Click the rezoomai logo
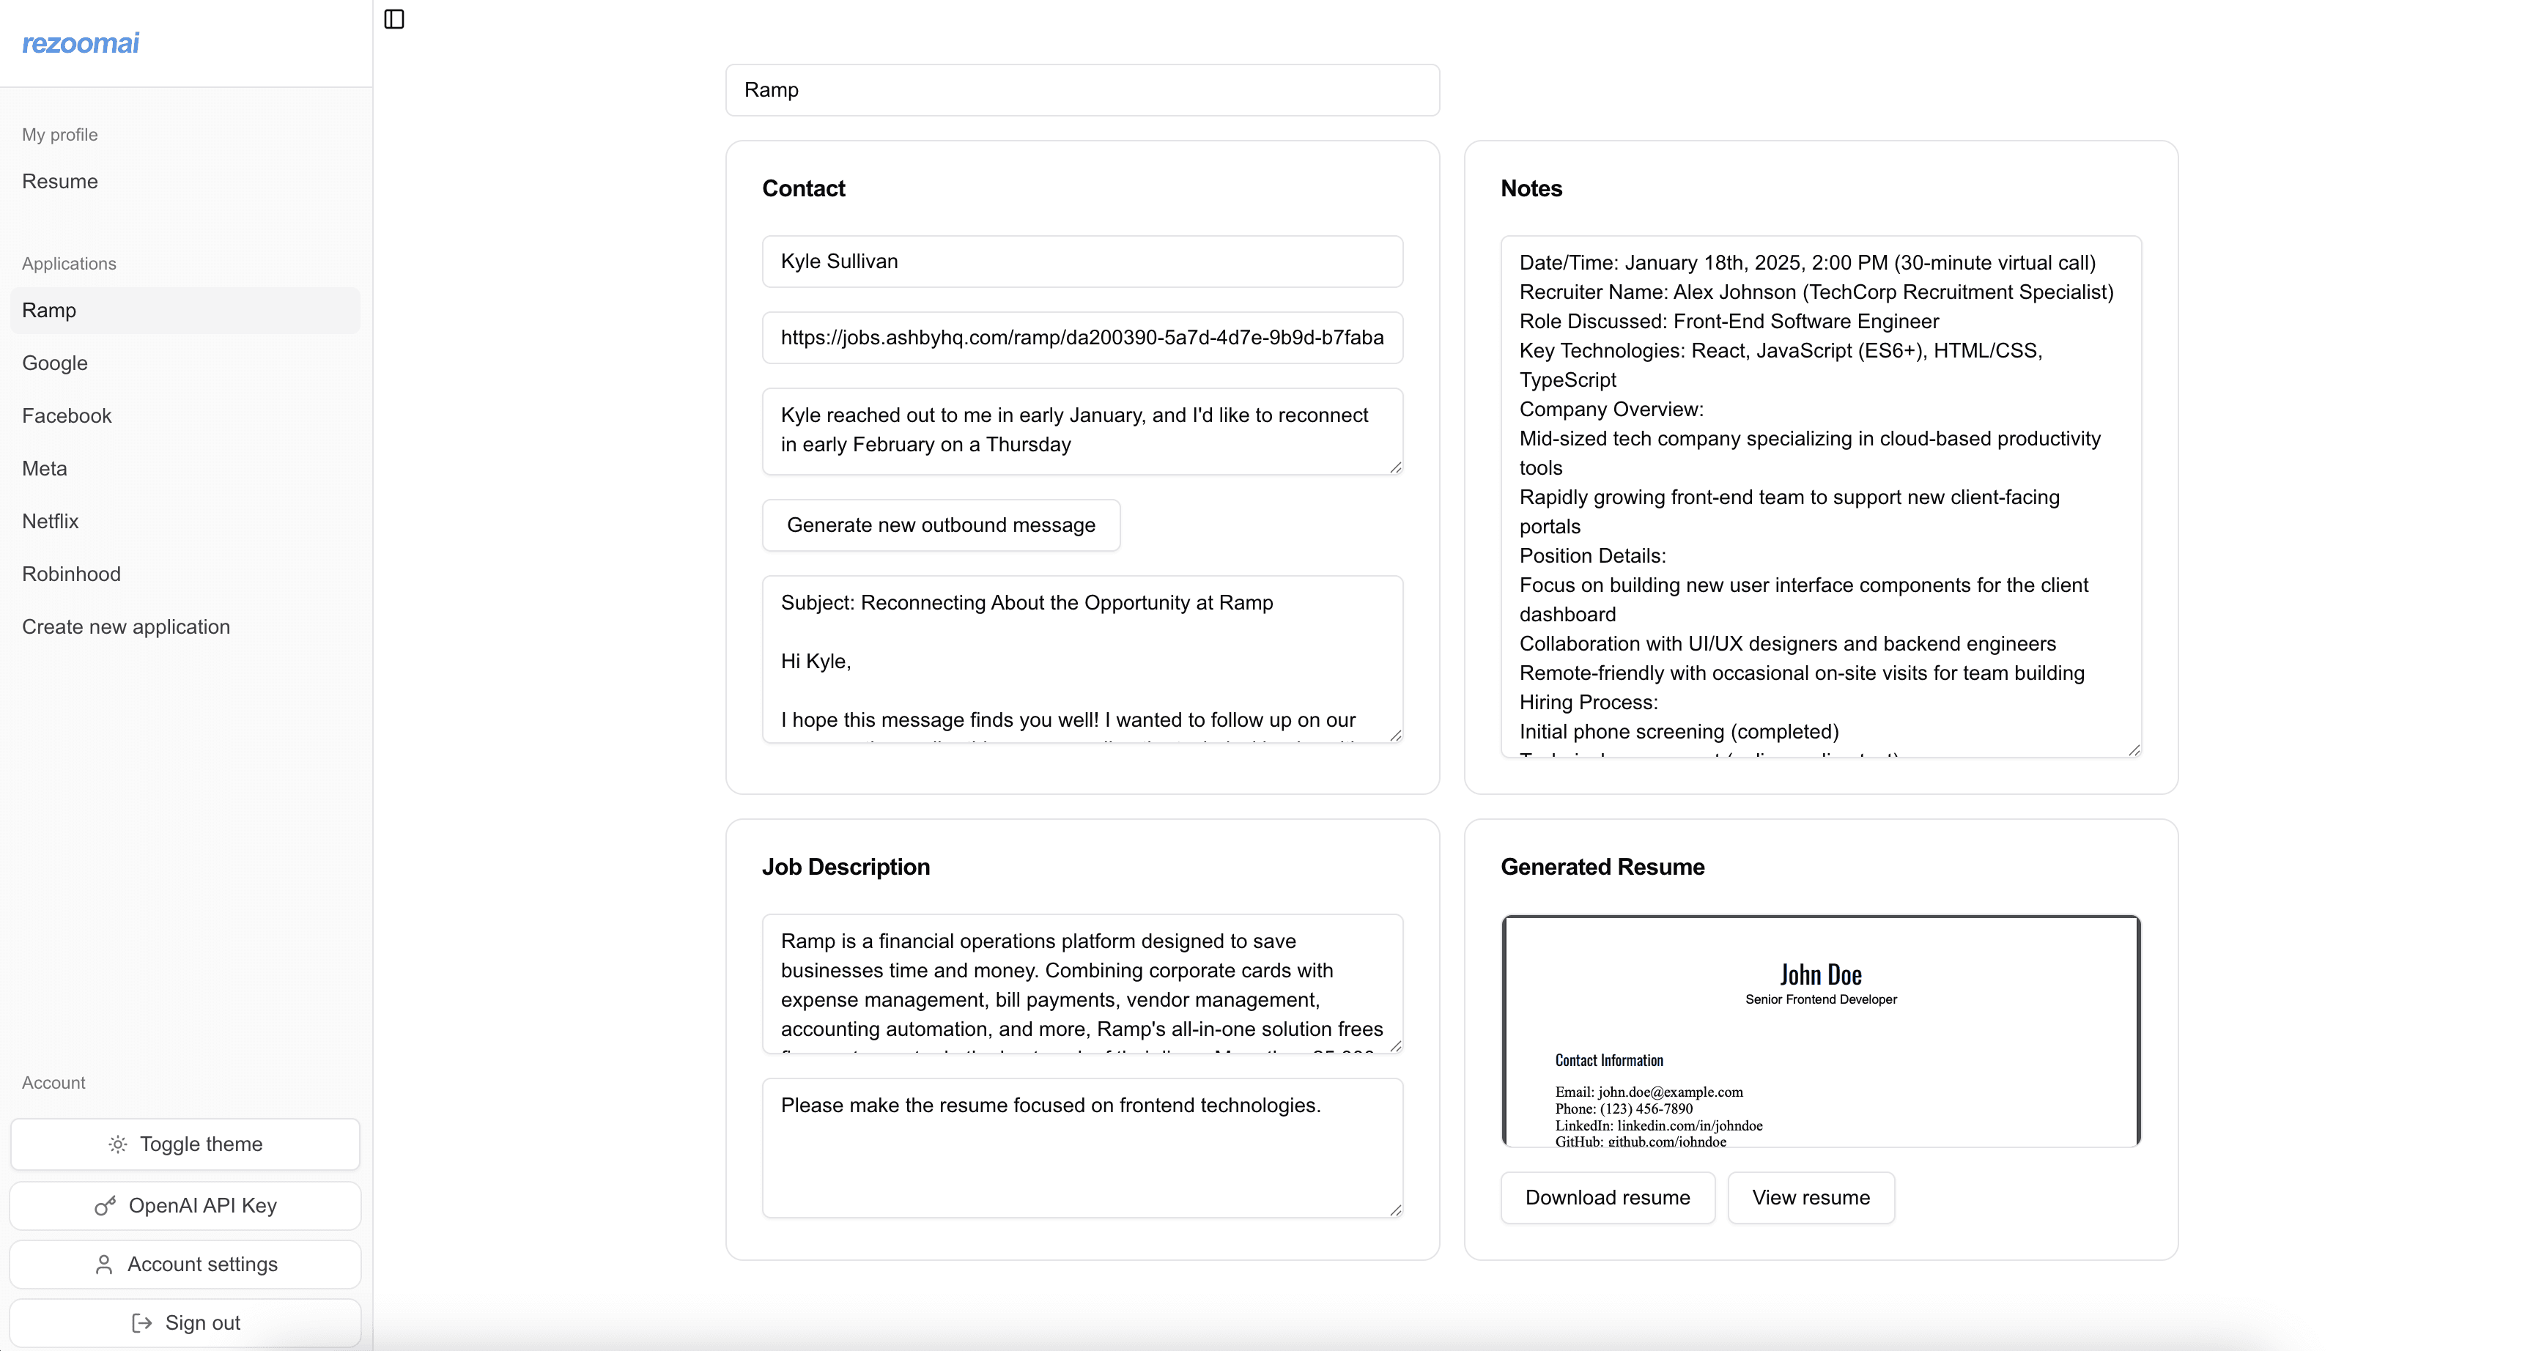click(x=81, y=43)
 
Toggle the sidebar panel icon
click(x=394, y=18)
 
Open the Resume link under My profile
click(x=60, y=182)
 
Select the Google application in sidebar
click(x=55, y=363)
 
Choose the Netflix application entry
click(x=50, y=522)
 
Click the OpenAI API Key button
click(x=185, y=1206)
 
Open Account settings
click(x=185, y=1265)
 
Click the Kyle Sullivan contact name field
click(x=1082, y=262)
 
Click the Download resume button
click(x=1608, y=1198)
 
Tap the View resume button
click(x=1811, y=1198)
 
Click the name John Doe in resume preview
click(x=1820, y=975)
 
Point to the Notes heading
click(x=1531, y=189)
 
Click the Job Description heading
click(x=846, y=867)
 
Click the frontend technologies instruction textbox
click(x=1082, y=1147)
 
